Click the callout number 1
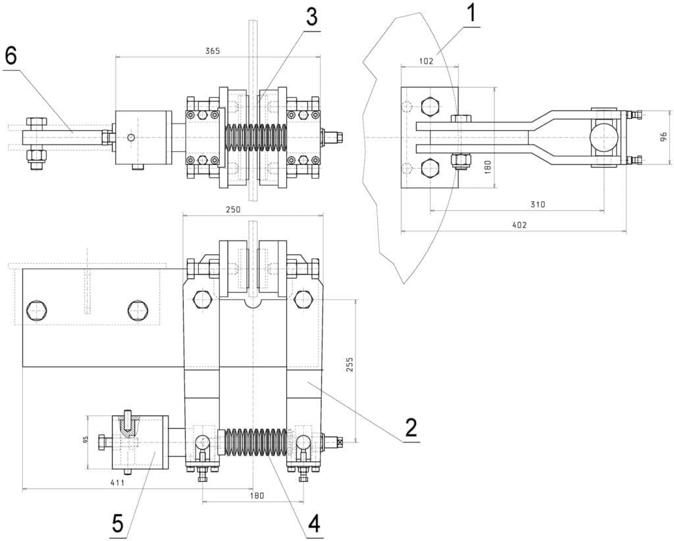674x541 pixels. (x=471, y=13)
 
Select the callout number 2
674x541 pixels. (x=410, y=427)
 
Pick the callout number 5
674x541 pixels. (x=118, y=523)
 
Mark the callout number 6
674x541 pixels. (x=11, y=57)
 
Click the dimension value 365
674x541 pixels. (x=212, y=51)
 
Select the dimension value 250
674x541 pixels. (x=234, y=210)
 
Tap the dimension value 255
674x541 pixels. (x=350, y=364)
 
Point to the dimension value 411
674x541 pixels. (x=117, y=482)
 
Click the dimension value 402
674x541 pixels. (x=519, y=225)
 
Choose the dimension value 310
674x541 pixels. (x=537, y=204)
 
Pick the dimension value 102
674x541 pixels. (x=426, y=61)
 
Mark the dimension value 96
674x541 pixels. (x=663, y=137)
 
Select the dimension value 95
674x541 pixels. (x=85, y=440)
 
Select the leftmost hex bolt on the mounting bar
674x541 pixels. (x=37, y=310)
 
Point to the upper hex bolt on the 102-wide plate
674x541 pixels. (x=430, y=107)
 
